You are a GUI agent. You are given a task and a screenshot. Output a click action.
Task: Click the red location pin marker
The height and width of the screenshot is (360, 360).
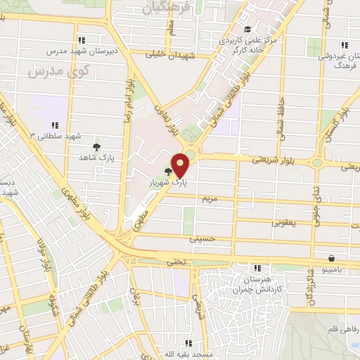181,165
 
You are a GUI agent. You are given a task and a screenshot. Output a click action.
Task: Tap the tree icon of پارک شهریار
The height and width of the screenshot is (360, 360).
168,171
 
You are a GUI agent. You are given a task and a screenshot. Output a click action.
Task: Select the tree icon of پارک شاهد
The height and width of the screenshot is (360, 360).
96,147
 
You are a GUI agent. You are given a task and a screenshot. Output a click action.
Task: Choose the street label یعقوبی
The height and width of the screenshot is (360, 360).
283,221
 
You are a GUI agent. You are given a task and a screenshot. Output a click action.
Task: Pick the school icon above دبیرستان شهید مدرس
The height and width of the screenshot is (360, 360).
83,40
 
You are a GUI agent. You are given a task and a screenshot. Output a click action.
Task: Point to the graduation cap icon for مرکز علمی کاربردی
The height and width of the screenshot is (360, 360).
247,29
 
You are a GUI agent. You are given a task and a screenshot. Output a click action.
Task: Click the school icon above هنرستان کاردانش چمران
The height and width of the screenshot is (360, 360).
257,267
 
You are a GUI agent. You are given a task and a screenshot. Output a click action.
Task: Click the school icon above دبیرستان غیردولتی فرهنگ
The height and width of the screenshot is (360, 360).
344,44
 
